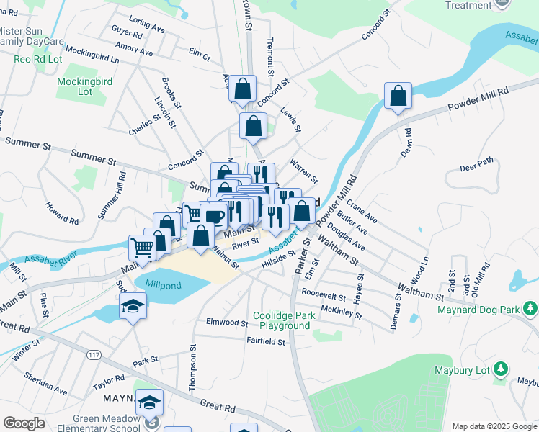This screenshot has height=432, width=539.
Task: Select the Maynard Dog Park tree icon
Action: [x=530, y=309]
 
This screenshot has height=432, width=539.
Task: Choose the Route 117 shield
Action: [x=93, y=355]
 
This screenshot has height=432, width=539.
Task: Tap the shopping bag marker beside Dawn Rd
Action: [x=398, y=97]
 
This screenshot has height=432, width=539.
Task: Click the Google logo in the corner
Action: [x=24, y=423]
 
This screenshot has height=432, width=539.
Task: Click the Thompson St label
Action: [x=192, y=367]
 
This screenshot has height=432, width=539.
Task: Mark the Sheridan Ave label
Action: [x=45, y=383]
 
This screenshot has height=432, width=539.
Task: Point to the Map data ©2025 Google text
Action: [x=494, y=426]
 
